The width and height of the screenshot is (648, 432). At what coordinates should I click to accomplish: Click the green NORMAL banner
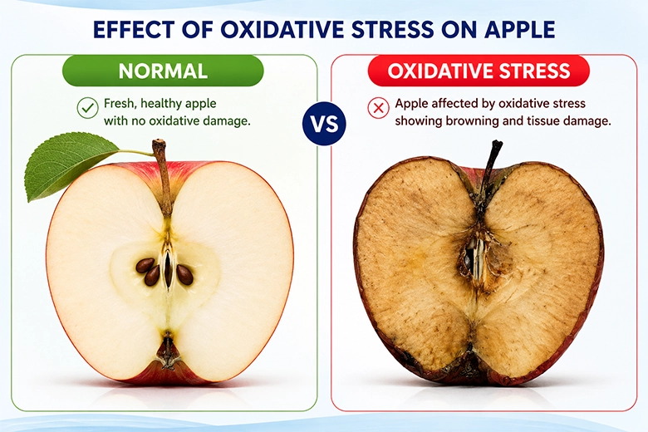(x=163, y=71)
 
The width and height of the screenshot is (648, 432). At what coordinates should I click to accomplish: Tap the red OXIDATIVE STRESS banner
(x=479, y=71)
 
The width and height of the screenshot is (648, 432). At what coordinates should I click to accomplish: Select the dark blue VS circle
(x=324, y=124)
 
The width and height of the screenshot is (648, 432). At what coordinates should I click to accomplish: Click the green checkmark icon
(x=87, y=108)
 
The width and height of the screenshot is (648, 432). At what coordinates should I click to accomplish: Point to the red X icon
(x=378, y=108)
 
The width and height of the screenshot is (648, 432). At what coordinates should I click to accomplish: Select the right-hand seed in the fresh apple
(x=184, y=275)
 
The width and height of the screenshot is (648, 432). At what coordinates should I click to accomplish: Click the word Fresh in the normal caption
(x=119, y=103)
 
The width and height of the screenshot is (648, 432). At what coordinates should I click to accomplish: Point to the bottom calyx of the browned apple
(x=471, y=364)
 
